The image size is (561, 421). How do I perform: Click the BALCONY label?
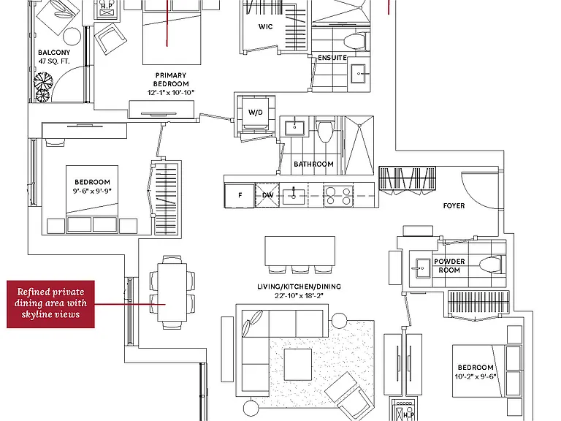pyautogui.click(x=54, y=53)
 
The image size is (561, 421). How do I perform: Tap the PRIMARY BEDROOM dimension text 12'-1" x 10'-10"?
pyautogui.click(x=171, y=92)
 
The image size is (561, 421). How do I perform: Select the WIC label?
pyautogui.click(x=265, y=26)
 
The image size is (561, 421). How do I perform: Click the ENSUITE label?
pyautogui.click(x=332, y=58)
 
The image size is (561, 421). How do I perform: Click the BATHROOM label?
pyautogui.click(x=313, y=164)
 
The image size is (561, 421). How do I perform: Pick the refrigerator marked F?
pyautogui.click(x=240, y=195)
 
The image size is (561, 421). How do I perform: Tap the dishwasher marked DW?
pyautogui.click(x=267, y=195)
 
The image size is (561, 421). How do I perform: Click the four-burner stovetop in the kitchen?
pyautogui.click(x=338, y=196)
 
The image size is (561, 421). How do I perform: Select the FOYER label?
pyautogui.click(x=454, y=206)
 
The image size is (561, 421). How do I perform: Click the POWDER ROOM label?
pyautogui.click(x=449, y=265)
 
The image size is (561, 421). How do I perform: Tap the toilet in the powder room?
pyautogui.click(x=492, y=265)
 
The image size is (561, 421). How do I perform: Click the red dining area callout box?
pyautogui.click(x=51, y=304)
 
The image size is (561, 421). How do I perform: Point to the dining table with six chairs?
pyautogui.click(x=172, y=292)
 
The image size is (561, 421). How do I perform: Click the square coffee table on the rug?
pyautogui.click(x=298, y=365)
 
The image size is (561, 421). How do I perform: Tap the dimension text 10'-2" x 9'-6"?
pyautogui.click(x=475, y=376)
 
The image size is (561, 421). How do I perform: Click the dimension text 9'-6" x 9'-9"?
pyautogui.click(x=92, y=191)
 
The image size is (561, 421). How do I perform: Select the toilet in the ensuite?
pyautogui.click(x=354, y=41)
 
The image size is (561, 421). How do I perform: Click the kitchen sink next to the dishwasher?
pyautogui.click(x=294, y=196)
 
